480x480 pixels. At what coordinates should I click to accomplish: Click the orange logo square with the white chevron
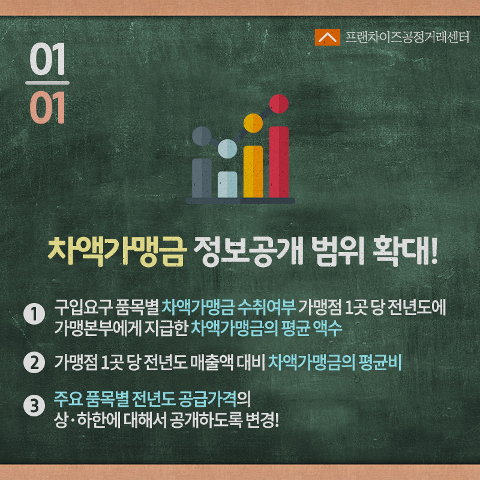pyautogui.click(x=327, y=37)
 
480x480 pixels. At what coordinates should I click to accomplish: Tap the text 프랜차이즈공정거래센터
pyautogui.click(x=407, y=37)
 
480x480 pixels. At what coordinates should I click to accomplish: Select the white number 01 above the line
pyautogui.click(x=47, y=59)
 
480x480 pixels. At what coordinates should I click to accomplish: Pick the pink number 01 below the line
pyautogui.click(x=47, y=107)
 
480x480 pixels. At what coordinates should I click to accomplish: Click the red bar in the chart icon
pyautogui.click(x=279, y=162)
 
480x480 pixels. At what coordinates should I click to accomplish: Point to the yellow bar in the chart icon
pyautogui.click(x=253, y=172)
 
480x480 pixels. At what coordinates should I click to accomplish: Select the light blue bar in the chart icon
pyautogui.click(x=227, y=184)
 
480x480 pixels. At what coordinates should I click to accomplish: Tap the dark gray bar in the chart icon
pyautogui.click(x=202, y=178)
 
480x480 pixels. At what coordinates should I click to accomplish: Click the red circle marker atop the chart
pyautogui.click(x=279, y=104)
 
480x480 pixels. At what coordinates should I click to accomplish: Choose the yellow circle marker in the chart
pyautogui.click(x=253, y=123)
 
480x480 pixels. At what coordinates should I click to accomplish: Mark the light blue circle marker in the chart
pyautogui.click(x=227, y=149)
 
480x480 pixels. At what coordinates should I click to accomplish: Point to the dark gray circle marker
pyautogui.click(x=202, y=136)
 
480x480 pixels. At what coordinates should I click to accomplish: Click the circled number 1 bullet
pyautogui.click(x=34, y=314)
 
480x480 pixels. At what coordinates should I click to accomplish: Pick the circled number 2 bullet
pyautogui.click(x=34, y=362)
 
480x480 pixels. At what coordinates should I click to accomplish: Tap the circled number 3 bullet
pyautogui.click(x=34, y=406)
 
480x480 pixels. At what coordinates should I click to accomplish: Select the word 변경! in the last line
pyautogui.click(x=262, y=421)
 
